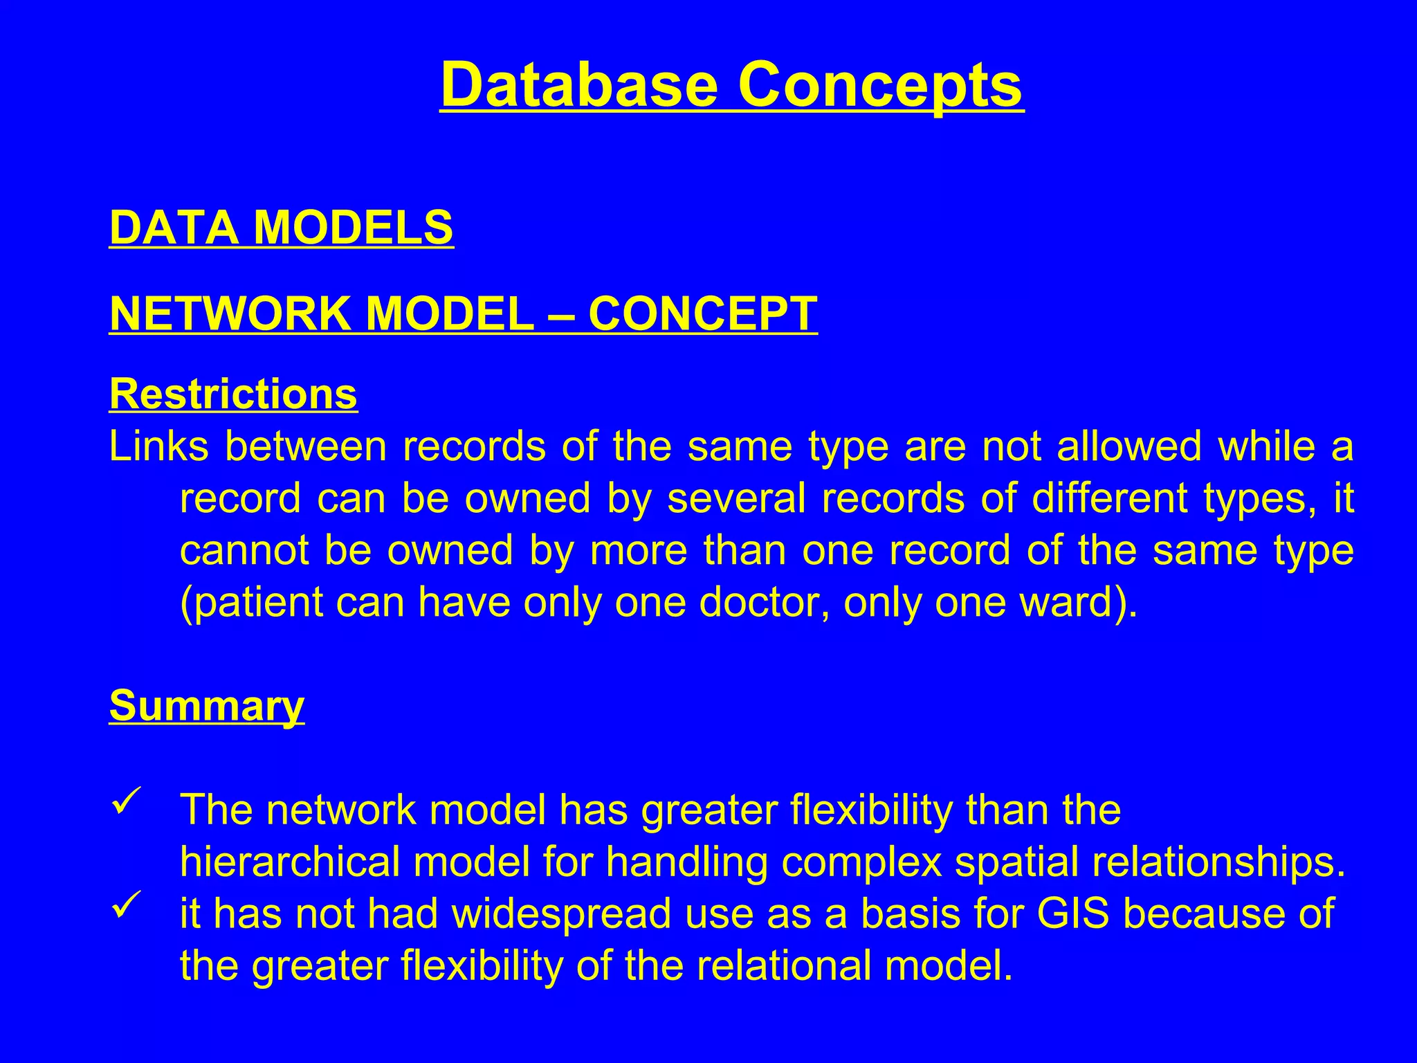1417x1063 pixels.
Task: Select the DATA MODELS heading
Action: [x=281, y=228]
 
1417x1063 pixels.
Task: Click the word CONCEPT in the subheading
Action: [x=702, y=314]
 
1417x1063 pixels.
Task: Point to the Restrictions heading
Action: [x=233, y=394]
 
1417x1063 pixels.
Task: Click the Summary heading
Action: [x=206, y=706]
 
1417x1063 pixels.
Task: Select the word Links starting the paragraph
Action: [x=158, y=446]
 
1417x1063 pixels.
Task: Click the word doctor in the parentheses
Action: [x=762, y=602]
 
